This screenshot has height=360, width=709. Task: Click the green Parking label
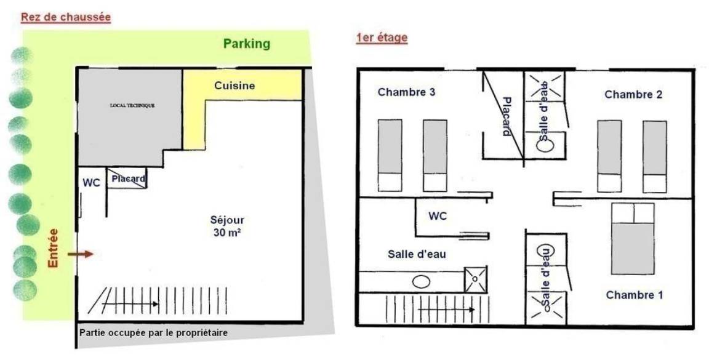pos(246,44)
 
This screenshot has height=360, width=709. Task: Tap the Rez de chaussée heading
pos(66,17)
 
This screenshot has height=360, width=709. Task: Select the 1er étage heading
pos(382,38)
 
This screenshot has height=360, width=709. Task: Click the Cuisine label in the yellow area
pos(234,86)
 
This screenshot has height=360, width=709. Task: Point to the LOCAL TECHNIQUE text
pos(132,105)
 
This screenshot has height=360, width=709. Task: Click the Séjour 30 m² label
pos(227,226)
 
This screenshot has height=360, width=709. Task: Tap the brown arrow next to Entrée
pos(81,254)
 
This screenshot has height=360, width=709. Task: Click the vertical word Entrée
pos(54,248)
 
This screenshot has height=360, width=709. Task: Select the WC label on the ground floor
pos(91,183)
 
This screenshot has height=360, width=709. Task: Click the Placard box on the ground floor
pos(127,178)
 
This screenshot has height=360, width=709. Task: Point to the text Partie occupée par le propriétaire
pos(153,333)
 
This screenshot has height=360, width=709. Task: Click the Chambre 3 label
pos(406,92)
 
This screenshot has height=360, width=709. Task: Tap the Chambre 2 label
pos(633,95)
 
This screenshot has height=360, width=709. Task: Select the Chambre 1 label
pos(635,295)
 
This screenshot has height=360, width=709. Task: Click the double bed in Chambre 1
pos(633,239)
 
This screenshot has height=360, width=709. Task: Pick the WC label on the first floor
pos(438,216)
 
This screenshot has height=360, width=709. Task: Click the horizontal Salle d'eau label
pos(417,254)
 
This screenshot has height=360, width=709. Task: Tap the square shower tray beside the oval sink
pos(476,279)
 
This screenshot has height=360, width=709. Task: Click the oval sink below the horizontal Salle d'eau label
pos(421,282)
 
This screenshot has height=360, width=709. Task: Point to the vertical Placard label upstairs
pos(507,117)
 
